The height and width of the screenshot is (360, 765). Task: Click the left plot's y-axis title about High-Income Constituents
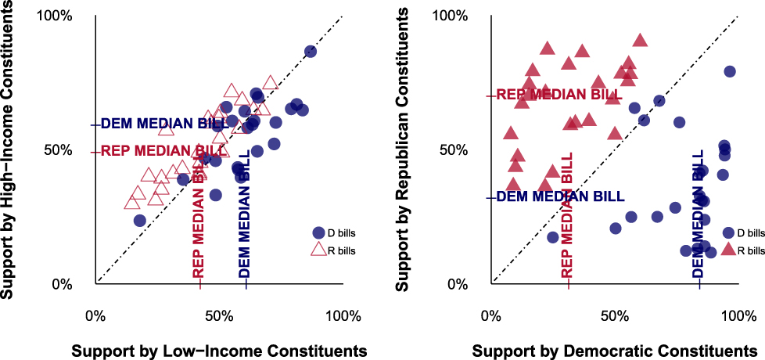(10, 149)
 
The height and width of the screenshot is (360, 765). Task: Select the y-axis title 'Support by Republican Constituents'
(403, 149)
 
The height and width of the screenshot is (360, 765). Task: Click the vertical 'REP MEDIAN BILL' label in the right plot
(568, 214)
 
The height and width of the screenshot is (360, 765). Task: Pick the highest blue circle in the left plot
(311, 52)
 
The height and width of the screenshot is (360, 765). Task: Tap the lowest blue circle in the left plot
(139, 221)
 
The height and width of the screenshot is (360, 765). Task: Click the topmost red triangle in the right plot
(640, 41)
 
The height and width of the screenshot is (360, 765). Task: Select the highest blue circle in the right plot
(729, 71)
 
